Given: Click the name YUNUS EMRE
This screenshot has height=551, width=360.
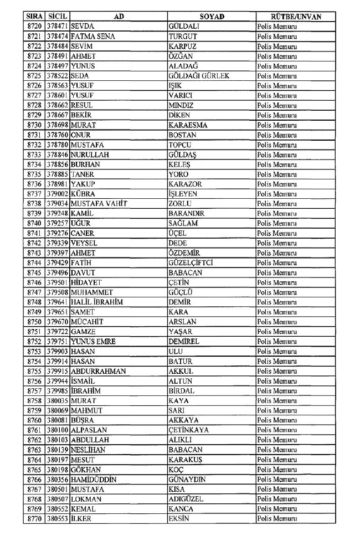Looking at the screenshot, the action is [94, 341].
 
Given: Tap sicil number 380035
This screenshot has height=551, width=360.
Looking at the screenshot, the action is [58, 400].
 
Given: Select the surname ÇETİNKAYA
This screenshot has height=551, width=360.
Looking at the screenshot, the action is [189, 430].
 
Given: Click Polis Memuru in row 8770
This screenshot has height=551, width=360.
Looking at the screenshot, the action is [277, 518].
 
